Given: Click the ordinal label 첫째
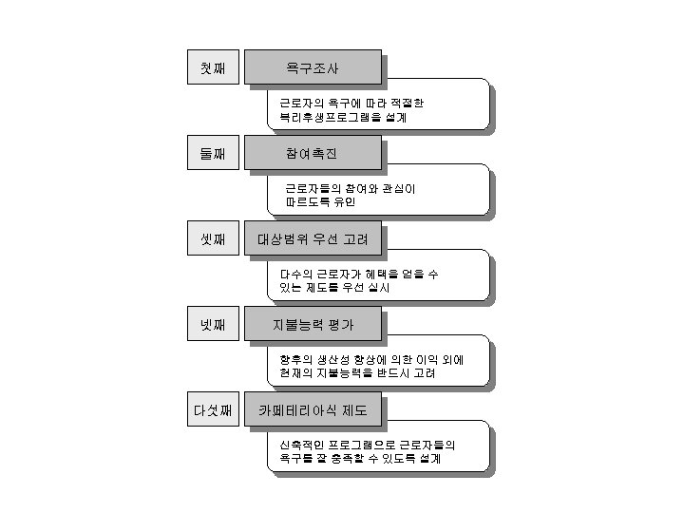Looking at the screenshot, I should click(x=212, y=68).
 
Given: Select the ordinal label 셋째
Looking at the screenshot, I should click(x=212, y=239).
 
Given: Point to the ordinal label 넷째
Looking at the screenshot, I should click(x=212, y=325).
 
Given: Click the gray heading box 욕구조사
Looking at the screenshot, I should click(x=313, y=68).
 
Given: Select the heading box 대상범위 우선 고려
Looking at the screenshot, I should click(x=313, y=239).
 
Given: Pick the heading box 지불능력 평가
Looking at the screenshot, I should click(x=313, y=325).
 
